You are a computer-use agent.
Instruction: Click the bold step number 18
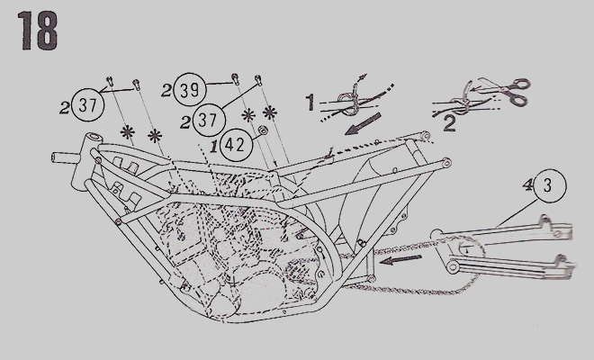tap(38, 31)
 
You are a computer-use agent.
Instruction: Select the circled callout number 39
tap(189, 90)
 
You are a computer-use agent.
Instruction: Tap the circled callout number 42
tap(237, 144)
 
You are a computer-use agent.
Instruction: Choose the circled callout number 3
tap(550, 186)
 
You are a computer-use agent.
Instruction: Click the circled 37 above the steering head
tap(88, 104)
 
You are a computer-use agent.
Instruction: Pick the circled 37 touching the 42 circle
tap(209, 120)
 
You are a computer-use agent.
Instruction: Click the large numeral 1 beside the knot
tap(310, 103)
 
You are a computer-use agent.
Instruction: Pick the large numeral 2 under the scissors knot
tap(449, 124)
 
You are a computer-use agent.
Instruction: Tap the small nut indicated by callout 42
tap(262, 131)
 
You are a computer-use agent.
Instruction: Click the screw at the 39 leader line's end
tap(235, 77)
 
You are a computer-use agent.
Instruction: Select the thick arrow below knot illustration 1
tap(363, 124)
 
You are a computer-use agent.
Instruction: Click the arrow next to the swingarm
tap(400, 259)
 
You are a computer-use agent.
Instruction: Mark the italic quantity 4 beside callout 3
tap(527, 184)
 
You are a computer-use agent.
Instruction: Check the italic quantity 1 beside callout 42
tap(214, 146)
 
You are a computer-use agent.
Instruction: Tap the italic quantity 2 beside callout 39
tap(166, 91)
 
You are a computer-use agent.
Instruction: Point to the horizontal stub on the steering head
tap(65, 157)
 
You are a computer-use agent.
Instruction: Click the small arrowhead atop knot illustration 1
tap(364, 76)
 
